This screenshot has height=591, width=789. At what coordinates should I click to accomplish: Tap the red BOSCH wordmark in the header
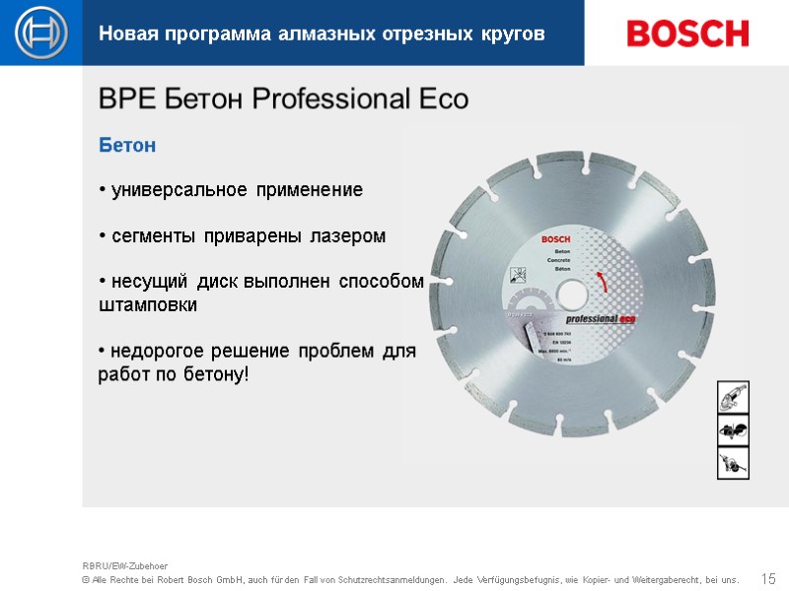[x=687, y=33]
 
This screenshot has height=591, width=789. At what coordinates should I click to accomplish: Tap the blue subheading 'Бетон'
[x=127, y=146]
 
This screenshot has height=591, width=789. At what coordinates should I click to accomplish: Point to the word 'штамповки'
[x=148, y=305]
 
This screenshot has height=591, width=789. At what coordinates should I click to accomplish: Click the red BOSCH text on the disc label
[x=556, y=240]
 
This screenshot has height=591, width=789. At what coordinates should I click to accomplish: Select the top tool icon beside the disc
[x=733, y=398]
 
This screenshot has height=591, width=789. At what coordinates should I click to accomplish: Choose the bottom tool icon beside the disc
[x=733, y=462]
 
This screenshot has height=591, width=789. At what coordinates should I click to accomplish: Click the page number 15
[x=769, y=577]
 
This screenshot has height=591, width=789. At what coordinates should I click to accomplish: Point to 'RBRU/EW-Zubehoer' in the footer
[x=125, y=565]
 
